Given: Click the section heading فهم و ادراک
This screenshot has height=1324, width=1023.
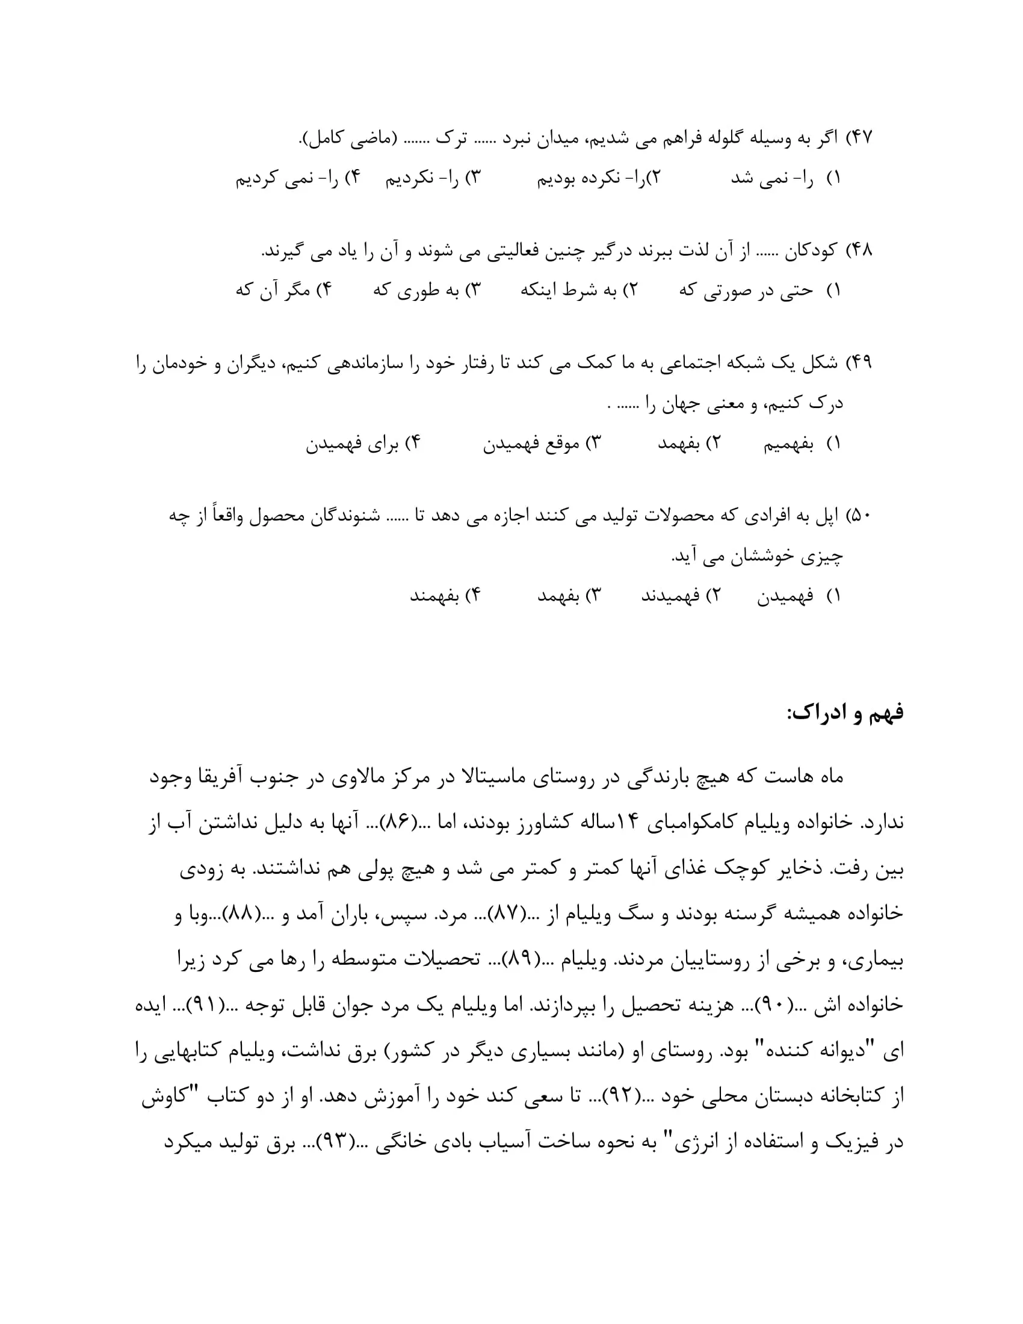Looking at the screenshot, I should (x=845, y=713).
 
